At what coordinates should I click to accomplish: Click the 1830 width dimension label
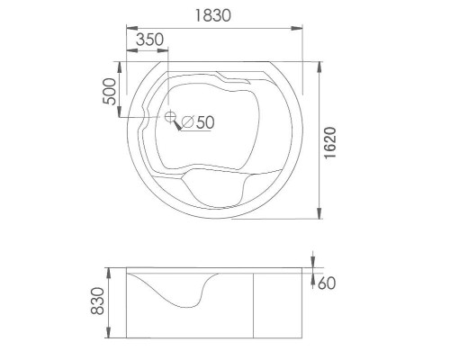click(x=213, y=15)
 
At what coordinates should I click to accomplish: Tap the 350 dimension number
click(x=150, y=40)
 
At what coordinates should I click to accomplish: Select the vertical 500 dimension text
click(x=109, y=92)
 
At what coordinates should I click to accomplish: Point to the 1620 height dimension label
click(x=330, y=142)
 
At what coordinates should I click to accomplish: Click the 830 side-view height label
click(x=97, y=301)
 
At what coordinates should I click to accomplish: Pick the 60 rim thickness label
click(x=327, y=283)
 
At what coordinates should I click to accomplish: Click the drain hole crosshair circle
click(x=170, y=116)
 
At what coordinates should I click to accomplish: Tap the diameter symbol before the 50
click(x=188, y=121)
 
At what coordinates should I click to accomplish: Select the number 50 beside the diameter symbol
click(x=205, y=121)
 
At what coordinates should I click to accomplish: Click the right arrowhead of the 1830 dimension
click(x=297, y=28)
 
